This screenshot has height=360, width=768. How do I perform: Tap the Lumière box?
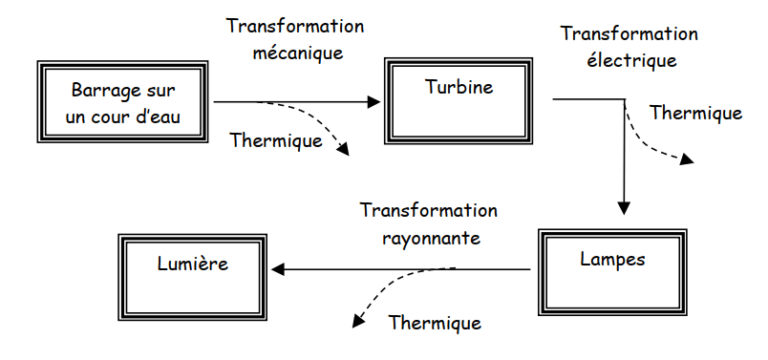click(193, 265)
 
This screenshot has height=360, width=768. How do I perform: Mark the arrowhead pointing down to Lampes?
click(624, 210)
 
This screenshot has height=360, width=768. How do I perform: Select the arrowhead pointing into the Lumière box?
click(281, 268)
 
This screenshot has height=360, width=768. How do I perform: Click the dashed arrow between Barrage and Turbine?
click(320, 125)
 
